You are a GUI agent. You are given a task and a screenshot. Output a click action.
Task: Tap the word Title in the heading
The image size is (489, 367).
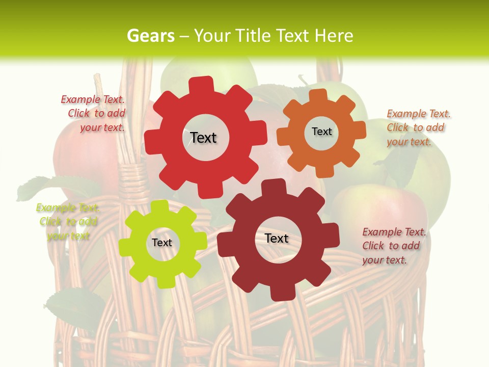click(x=253, y=36)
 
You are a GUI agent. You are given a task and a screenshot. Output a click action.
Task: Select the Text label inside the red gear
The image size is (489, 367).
click(x=203, y=138)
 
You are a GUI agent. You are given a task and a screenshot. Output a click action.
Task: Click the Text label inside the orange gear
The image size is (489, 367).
click(x=321, y=132)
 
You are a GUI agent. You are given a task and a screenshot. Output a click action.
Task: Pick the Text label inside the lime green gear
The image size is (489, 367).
click(x=162, y=243)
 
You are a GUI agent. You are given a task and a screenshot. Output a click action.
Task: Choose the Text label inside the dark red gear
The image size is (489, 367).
click(x=277, y=238)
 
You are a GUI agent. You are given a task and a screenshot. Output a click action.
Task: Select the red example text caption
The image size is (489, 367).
click(x=94, y=114)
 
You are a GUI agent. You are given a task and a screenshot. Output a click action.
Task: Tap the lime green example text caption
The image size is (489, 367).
click(x=67, y=222)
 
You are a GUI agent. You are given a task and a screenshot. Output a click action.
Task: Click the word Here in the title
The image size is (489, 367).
click(x=334, y=36)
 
